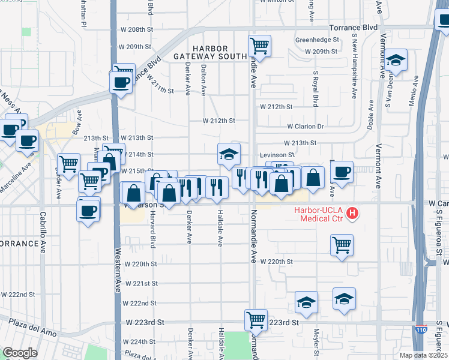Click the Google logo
(20, 353)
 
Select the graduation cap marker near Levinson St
(229, 154)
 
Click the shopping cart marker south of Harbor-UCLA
(342, 244)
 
